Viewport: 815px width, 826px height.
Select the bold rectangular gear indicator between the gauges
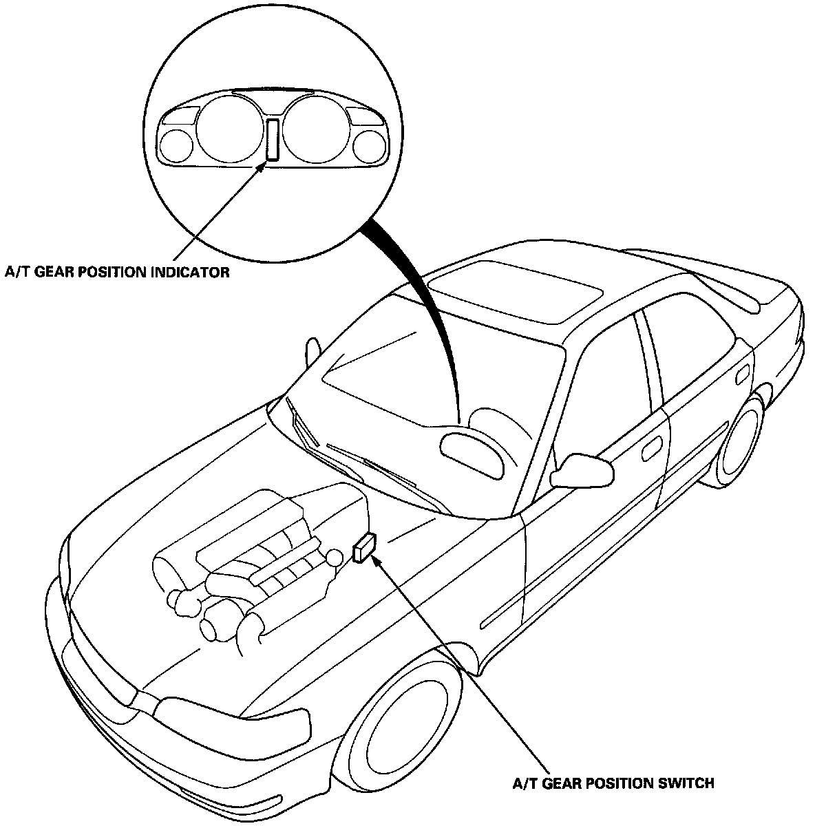click(273, 140)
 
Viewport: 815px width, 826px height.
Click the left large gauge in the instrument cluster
click(229, 129)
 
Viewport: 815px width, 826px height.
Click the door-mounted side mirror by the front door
click(588, 469)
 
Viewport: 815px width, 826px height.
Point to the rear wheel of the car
click(740, 438)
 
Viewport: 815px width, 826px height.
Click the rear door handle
click(742, 377)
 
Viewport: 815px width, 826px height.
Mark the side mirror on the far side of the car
click(312, 348)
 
